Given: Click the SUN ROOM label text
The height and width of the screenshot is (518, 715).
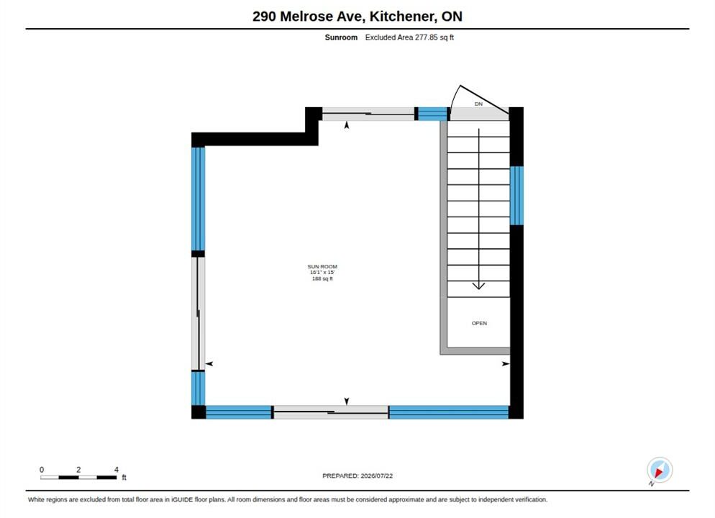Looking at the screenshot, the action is coord(322,266).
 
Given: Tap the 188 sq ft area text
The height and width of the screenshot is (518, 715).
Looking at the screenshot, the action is coord(322,278).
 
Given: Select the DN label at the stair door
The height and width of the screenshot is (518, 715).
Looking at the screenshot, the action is coord(478,104).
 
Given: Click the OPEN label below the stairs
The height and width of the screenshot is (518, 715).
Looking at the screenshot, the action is coord(479,323).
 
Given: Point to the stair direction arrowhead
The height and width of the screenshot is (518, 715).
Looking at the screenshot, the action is coord(478,286).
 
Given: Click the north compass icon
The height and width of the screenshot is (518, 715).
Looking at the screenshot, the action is coord(660,470).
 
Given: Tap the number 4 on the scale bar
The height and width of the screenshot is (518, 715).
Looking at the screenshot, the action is coord(117,469).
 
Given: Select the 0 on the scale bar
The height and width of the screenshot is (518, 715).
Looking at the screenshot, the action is coord(42,469).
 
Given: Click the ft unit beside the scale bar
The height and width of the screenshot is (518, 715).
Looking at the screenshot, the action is coord(124,478).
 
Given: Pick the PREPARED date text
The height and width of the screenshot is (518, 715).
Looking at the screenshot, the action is coord(357,476).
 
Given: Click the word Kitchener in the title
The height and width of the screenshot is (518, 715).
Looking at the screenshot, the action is coord(403,17).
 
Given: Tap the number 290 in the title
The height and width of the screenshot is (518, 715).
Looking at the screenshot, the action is coord(264,17).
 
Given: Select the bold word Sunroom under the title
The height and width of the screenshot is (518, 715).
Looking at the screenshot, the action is coord(341,37).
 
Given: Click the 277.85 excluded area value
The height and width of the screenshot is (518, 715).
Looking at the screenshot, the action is coord(426,37).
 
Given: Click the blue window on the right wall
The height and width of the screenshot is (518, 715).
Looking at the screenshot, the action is coord(516,196).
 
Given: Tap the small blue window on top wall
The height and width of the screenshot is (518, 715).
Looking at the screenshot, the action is coord(433,114).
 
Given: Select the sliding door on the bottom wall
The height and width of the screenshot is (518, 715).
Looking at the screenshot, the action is coord(331,412).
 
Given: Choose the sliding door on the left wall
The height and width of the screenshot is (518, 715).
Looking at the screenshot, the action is coord(199,314).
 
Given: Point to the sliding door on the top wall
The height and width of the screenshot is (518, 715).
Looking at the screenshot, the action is coord(368,114).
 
